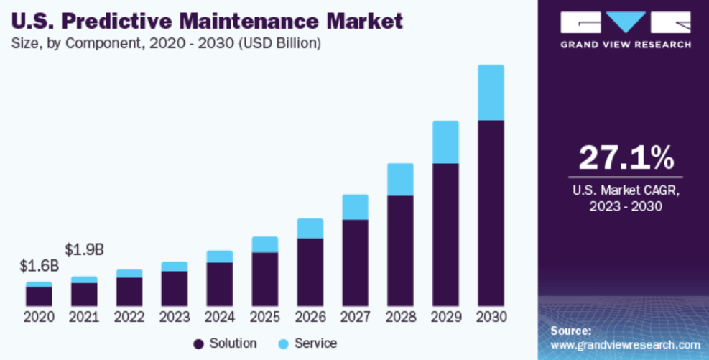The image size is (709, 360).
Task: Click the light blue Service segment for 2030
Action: click(491, 93)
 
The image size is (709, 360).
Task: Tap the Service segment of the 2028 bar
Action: click(400, 179)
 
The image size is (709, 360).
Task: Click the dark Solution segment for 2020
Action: click(39, 296)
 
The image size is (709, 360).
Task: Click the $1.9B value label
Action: click(84, 250)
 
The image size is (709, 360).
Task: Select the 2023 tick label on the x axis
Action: click(175, 317)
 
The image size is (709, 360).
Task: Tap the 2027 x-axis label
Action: click(355, 317)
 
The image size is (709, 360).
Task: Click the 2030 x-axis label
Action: click(491, 317)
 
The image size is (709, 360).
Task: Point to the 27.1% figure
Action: click(626, 157)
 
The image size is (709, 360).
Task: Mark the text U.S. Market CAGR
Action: click(625, 191)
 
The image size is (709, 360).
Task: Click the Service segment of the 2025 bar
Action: click(264, 244)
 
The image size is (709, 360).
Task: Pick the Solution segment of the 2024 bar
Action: click(219, 284)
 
